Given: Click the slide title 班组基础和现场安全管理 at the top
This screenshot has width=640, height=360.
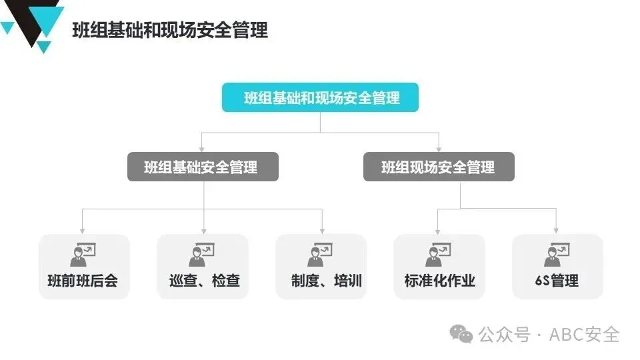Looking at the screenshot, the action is (170, 31).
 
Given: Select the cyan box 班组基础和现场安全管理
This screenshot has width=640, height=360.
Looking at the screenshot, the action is (320, 98).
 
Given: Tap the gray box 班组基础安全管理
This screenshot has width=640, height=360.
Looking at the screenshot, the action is (203, 167).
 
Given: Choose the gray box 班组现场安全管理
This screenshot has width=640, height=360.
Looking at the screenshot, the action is (439, 167).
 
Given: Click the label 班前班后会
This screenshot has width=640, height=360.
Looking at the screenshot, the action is (83, 281).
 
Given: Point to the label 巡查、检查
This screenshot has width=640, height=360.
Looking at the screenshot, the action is (203, 281).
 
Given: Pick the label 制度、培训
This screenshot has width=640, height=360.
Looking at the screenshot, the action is (321, 281).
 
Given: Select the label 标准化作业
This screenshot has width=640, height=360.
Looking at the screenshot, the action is (439, 281).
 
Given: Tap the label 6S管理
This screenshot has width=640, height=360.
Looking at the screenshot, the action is (557, 281).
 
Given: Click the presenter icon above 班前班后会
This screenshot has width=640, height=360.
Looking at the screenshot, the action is (83, 254).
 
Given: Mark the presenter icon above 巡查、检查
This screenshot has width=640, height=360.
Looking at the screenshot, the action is (202, 254).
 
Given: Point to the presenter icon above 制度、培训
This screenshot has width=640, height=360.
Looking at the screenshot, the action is (321, 254).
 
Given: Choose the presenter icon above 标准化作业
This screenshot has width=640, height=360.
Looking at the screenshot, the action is (439, 254).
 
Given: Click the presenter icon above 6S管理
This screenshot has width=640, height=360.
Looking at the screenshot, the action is (557, 254).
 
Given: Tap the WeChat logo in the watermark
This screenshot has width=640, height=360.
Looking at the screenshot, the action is (461, 333).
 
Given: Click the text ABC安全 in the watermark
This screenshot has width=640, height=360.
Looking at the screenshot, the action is (585, 334).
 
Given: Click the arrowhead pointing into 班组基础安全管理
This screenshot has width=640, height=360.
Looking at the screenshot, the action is (203, 149).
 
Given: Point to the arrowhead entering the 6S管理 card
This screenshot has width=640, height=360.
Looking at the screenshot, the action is (557, 230).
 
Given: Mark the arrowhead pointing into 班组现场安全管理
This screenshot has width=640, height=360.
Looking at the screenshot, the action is (439, 149).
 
